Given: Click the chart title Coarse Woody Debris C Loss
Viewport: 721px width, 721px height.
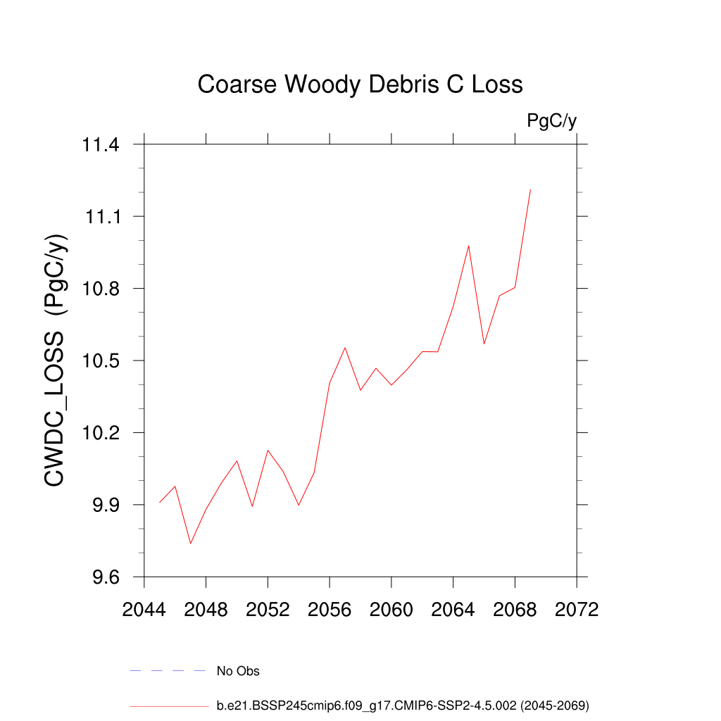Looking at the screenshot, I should pyautogui.click(x=360, y=84).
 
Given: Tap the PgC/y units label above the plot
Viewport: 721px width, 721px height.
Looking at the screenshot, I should pyautogui.click(x=552, y=121).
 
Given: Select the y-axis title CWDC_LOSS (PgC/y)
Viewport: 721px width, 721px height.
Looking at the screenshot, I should pyautogui.click(x=57, y=360).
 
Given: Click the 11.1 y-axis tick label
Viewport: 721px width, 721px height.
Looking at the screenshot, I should pyautogui.click(x=102, y=217).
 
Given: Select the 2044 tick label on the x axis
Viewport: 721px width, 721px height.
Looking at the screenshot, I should pyautogui.click(x=144, y=610).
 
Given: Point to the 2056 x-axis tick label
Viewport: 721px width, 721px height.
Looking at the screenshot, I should pyautogui.click(x=330, y=610).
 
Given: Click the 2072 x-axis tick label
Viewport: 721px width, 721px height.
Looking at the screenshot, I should pyautogui.click(x=577, y=610).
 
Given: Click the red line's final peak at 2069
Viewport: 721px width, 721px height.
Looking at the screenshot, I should pyautogui.click(x=530, y=190).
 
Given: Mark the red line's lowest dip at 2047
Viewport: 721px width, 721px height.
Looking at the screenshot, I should pyautogui.click(x=190, y=544).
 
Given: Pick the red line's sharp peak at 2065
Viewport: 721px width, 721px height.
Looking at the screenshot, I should pyautogui.click(x=468, y=246).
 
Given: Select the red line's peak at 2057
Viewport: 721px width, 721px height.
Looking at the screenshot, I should pyautogui.click(x=345, y=347).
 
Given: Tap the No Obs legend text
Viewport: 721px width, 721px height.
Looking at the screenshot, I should pyautogui.click(x=238, y=671).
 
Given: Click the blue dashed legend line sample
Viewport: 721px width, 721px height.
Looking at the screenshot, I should pyautogui.click(x=168, y=671).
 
